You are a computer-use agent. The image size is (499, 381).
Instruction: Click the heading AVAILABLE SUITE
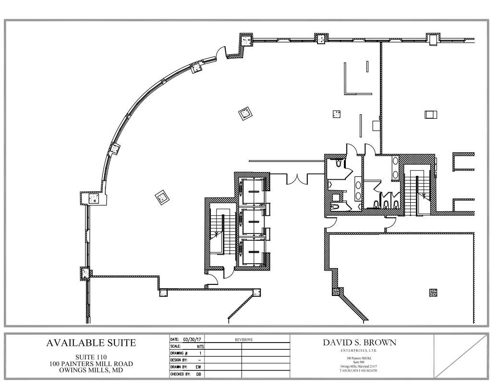91,343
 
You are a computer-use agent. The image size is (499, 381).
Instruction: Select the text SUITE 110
91,357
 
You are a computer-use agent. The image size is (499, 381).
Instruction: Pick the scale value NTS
200,346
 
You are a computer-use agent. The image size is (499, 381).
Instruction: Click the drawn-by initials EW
198,367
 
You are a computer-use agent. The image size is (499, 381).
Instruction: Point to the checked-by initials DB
198,374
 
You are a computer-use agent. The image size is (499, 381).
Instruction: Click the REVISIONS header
243,340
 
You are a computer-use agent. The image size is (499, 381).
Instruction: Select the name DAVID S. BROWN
360,343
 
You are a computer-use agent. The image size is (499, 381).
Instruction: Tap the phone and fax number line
358,370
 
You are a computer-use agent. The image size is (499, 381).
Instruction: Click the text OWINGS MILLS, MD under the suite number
91,370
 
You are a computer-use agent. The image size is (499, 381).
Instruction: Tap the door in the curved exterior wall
221,52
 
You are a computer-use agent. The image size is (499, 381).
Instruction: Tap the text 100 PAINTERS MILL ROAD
91,364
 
